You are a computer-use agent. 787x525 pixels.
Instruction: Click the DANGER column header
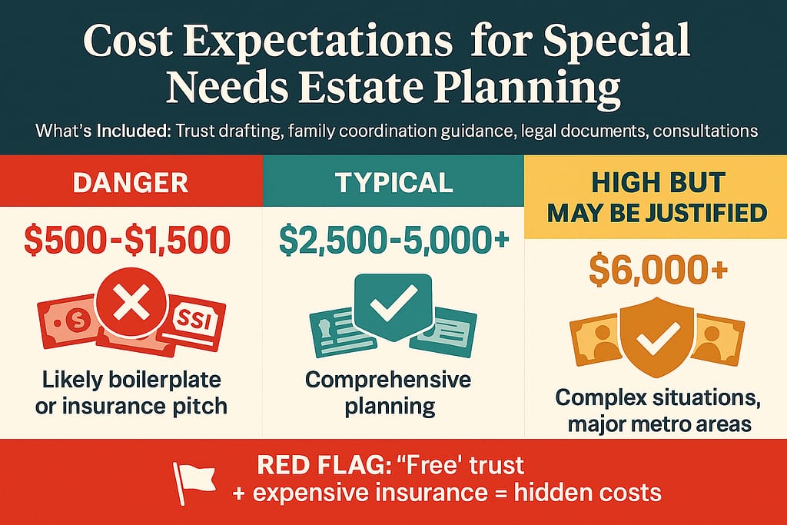coord(131,182)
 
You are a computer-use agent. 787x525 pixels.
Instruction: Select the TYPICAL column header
coord(393,182)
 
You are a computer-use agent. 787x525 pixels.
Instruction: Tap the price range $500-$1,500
coord(128,241)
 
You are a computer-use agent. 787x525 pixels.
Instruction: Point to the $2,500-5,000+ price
coord(393,241)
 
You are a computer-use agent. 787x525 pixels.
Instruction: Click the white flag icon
coord(192,480)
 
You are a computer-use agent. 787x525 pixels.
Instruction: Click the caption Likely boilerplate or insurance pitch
coord(131,393)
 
